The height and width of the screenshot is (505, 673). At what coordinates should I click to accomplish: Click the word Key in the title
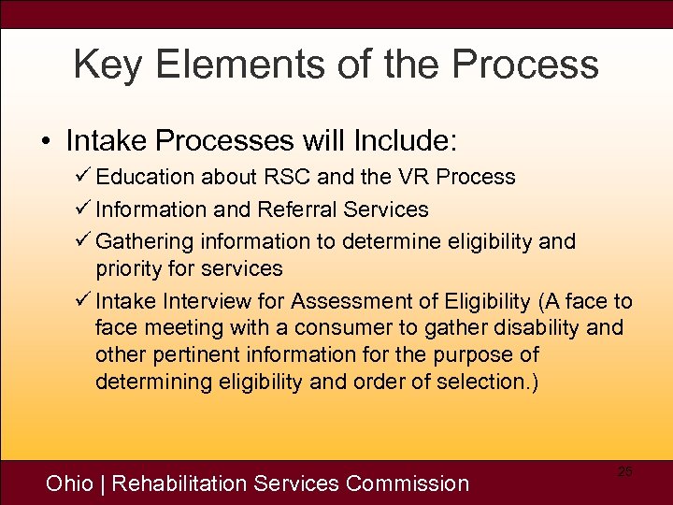point(104,65)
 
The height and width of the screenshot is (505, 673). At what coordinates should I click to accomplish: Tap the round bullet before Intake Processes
point(45,142)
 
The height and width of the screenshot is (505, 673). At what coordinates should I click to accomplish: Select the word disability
point(540,328)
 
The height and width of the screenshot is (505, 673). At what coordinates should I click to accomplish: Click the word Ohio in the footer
point(70,483)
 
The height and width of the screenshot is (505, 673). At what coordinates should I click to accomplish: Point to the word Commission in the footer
point(407,483)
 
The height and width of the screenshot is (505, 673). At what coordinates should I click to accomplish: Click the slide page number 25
point(624,472)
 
